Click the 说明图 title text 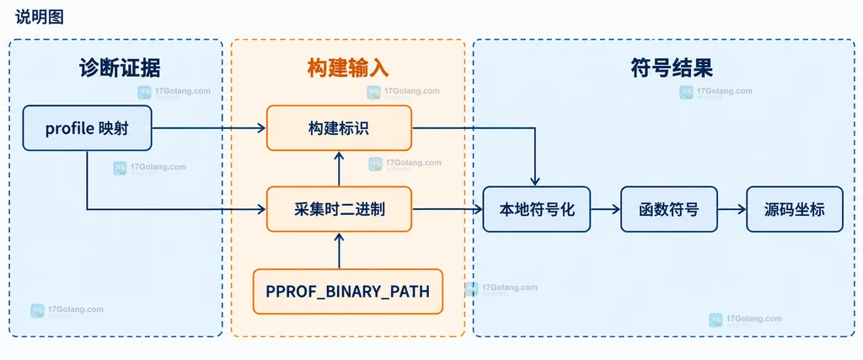click(40, 17)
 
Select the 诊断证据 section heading click(120, 68)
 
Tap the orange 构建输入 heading click(348, 68)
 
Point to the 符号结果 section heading click(672, 68)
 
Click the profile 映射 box click(87, 127)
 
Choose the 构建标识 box click(339, 127)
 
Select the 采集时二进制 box click(339, 209)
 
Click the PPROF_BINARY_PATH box click(348, 291)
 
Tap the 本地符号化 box click(537, 209)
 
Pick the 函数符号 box click(668, 209)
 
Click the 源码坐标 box click(794, 209)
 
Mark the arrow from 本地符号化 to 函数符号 click(605, 209)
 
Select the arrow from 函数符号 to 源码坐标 click(732, 209)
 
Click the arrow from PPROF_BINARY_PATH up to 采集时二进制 click(339, 250)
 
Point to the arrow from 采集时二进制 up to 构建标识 click(339, 169)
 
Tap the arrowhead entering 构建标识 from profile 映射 click(262, 128)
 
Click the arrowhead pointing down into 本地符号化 click(535, 181)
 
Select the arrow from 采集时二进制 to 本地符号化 click(448, 209)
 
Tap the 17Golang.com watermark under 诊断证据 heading click(174, 92)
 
